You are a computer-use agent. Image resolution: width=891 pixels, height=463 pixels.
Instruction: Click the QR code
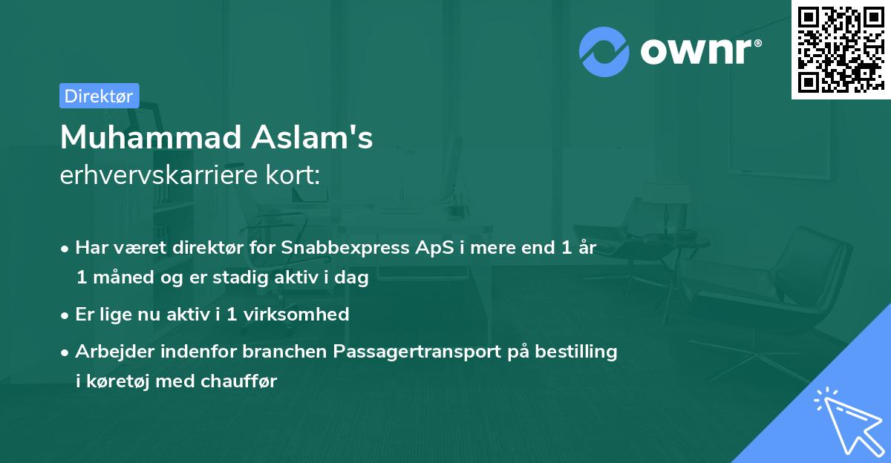pyautogui.click(x=840, y=50)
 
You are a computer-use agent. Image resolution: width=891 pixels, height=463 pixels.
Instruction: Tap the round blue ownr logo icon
pyautogui.click(x=604, y=50)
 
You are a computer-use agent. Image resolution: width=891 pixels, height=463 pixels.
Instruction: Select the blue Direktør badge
pyautogui.click(x=99, y=96)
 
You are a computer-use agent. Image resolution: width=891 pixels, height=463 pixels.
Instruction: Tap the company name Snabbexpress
pyautogui.click(x=339, y=248)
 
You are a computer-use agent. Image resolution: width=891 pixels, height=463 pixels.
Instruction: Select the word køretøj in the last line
pyautogui.click(x=114, y=381)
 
